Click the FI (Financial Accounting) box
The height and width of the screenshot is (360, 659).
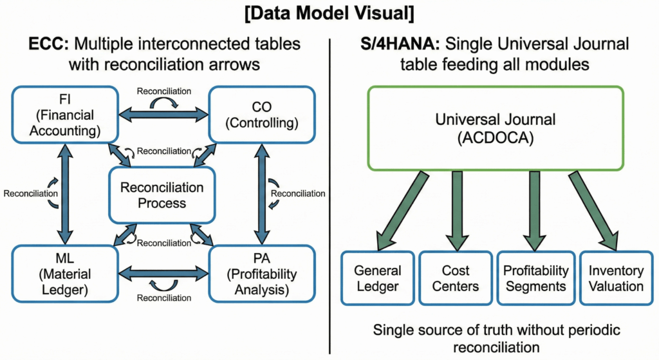(64, 115)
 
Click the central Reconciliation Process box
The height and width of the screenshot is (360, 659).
(162, 195)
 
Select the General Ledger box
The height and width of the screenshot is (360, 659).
(377, 278)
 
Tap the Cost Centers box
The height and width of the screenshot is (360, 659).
(456, 278)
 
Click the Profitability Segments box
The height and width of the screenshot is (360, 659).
(536, 278)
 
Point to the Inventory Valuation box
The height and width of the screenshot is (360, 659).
(616, 278)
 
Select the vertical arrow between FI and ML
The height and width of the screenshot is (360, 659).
(64, 194)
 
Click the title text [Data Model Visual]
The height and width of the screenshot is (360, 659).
(329, 14)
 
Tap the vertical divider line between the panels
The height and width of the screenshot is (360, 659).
(329, 193)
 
